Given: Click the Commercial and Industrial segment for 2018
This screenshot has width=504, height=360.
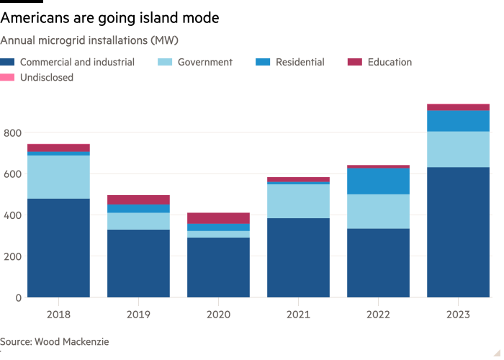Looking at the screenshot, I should pyautogui.click(x=58, y=248).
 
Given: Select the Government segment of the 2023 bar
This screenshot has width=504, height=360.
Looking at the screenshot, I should pyautogui.click(x=458, y=149).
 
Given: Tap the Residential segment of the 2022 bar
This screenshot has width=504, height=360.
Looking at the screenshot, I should pyautogui.click(x=378, y=181).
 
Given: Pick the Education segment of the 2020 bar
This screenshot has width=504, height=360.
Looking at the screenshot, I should pyautogui.click(x=218, y=218).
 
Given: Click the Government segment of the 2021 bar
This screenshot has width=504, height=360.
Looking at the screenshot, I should pyautogui.click(x=298, y=201).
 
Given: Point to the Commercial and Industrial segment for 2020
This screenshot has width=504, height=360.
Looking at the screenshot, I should pyautogui.click(x=218, y=267).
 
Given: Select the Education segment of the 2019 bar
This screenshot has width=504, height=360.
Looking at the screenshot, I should pyautogui.click(x=138, y=199).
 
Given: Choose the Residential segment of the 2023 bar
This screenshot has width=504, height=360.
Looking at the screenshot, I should pyautogui.click(x=458, y=121).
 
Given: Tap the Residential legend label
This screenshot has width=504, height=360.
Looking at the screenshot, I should pyautogui.click(x=300, y=63).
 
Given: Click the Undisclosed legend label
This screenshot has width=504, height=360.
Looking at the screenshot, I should pyautogui.click(x=47, y=77).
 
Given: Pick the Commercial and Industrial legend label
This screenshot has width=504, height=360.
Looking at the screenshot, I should pyautogui.click(x=77, y=63).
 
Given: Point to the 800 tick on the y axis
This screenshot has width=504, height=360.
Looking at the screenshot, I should pyautogui.click(x=13, y=133).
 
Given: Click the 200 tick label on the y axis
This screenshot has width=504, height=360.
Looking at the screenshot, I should pyautogui.click(x=13, y=256).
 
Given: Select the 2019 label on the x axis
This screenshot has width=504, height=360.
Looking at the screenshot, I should pyautogui.click(x=138, y=315).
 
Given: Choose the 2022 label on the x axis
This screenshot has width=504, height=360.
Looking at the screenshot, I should pyautogui.click(x=378, y=315).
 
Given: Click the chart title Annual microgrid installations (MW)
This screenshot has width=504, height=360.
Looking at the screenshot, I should pyautogui.click(x=89, y=40).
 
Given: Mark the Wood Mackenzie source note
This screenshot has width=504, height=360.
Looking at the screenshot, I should pyautogui.click(x=55, y=342).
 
